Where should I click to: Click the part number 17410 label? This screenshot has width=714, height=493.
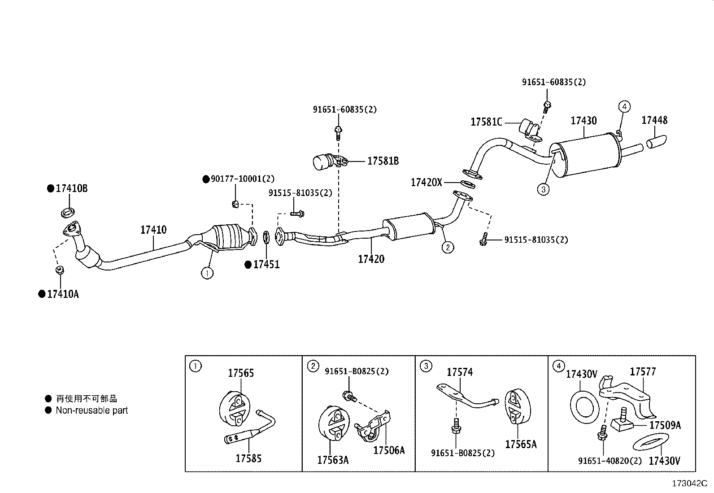[153, 230]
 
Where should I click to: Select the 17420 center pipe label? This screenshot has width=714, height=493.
[371, 259]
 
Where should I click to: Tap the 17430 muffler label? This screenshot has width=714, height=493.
[583, 121]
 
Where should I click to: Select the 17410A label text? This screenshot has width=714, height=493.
[63, 294]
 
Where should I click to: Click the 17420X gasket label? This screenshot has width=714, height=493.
[427, 183]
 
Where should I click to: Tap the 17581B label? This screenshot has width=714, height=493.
[383, 161]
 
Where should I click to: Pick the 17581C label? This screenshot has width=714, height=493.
[486, 122]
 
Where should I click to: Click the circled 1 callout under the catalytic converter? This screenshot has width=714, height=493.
[207, 273]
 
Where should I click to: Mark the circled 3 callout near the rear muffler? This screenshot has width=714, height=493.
[543, 189]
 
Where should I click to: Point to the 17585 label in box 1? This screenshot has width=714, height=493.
[248, 458]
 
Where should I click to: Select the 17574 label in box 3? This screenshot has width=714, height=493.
[460, 372]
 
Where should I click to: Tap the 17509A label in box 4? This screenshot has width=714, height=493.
[665, 425]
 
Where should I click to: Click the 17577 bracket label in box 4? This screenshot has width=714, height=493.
[643, 372]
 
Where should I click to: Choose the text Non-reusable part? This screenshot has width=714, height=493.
[92, 410]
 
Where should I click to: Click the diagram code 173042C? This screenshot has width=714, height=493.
[689, 484]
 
